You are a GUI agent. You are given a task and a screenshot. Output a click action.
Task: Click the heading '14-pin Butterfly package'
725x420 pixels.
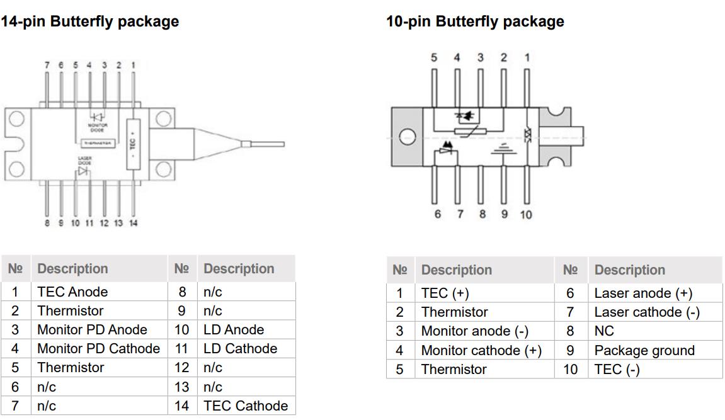89,21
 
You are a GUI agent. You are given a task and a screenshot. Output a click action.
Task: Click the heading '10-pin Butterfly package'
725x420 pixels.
475,21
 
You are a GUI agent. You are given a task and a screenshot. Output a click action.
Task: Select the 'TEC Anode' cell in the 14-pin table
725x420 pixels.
72,292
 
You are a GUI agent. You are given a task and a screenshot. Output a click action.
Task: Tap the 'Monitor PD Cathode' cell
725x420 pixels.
98,348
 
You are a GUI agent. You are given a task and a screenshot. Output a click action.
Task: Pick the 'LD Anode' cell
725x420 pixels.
234,329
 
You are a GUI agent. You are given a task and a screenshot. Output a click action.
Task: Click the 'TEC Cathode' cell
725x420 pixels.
246,406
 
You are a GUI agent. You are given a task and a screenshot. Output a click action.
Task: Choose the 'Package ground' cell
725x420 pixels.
644,350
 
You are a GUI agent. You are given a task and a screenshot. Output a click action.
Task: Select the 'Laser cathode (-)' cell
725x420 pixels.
646,312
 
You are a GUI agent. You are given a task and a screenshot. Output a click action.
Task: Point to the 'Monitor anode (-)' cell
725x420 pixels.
474,331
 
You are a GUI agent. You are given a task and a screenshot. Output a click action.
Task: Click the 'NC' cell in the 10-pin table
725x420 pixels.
604,331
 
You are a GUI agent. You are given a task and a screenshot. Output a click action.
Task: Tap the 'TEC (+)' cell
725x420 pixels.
445,293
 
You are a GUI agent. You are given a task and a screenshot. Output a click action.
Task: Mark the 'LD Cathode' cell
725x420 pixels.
240,348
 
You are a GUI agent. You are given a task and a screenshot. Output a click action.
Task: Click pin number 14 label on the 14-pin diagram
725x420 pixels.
133,223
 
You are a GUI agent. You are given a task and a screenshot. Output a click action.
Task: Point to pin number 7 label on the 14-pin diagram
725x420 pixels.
46,65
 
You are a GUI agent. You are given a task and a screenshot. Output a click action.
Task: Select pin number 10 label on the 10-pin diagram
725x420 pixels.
526,215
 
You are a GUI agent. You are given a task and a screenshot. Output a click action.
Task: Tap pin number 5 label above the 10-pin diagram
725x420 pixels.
434,58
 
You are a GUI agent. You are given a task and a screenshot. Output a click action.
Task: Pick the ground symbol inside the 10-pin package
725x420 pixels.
502,149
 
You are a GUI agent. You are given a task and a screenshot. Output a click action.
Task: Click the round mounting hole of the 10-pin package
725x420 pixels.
408,137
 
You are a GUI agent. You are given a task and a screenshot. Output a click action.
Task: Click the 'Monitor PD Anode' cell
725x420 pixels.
92,329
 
